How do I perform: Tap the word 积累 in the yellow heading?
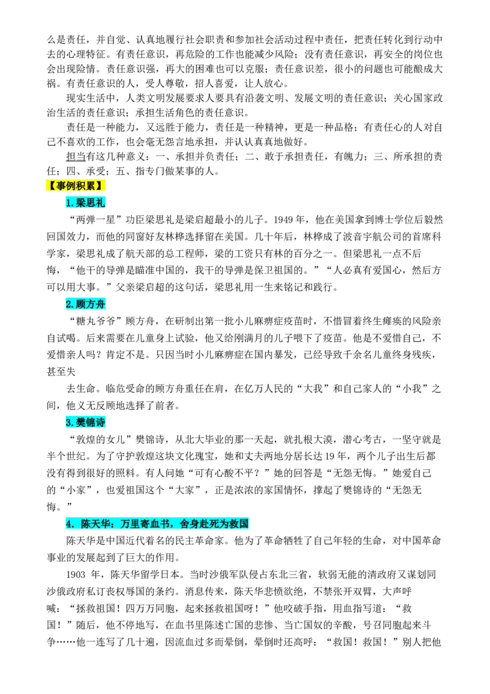coord(86,185)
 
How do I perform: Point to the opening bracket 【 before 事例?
coord(50,185)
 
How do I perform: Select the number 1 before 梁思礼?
coord(69,203)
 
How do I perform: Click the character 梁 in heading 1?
coord(81,203)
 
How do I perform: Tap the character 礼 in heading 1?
coord(100,203)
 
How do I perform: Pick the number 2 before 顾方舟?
coord(69,304)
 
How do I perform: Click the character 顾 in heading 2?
coord(81,304)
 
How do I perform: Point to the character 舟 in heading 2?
coord(100,304)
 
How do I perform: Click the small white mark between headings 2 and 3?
coord(76,374)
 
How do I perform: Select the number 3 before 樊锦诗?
coord(69,422)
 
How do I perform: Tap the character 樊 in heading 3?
coord(81,422)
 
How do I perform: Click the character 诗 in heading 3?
coord(100,422)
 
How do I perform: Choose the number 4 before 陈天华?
coord(69,524)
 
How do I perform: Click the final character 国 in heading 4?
coord(243,524)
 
